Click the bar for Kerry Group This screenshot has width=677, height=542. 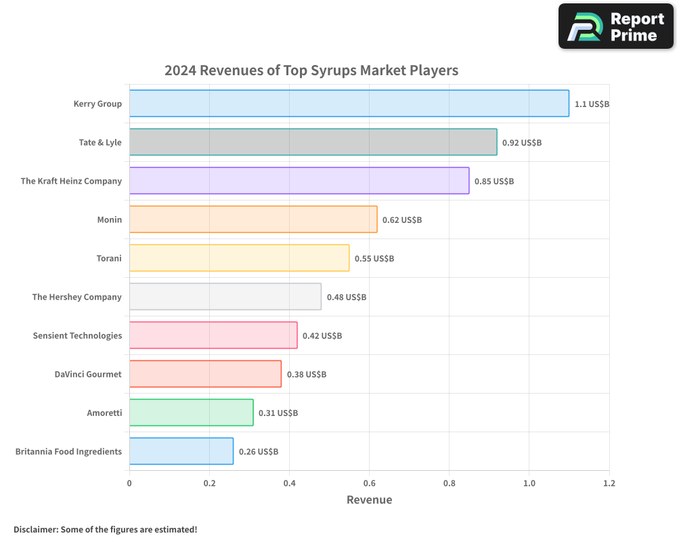349,104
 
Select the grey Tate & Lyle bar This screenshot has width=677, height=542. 313,142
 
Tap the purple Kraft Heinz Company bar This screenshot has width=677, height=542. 299,181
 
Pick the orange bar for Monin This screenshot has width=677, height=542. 253,220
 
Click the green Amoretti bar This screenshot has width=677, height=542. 191,413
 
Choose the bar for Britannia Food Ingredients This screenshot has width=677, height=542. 181,451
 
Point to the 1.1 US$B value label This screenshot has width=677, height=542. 592,104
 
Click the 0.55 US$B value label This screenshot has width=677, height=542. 374,259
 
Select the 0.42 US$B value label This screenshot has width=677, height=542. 322,336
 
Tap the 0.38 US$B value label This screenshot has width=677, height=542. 307,375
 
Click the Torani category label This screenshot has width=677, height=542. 109,258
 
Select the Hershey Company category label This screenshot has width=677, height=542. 77,297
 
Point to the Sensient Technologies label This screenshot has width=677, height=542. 77,335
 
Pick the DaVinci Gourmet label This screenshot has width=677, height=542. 88,374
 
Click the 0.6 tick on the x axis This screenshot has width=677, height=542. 369,484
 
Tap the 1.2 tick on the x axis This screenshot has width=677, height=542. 609,484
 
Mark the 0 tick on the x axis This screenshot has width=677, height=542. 129,484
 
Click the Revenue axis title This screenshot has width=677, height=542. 369,500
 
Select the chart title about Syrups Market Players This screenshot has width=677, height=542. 311,70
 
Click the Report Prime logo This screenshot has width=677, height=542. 615,26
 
